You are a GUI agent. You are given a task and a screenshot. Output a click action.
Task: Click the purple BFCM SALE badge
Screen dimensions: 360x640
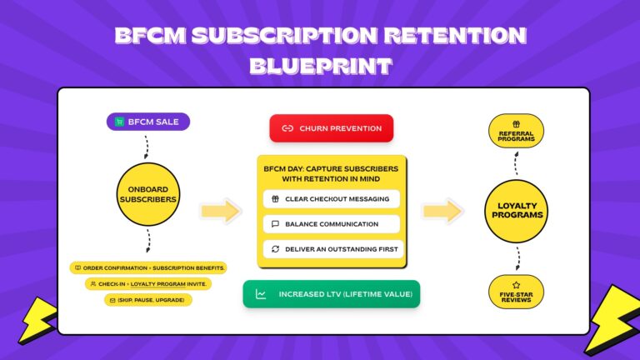148,122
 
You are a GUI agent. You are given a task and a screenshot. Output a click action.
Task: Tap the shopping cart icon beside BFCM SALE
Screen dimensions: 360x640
120,122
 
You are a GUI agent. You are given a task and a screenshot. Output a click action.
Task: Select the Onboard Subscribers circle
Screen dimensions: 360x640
148,193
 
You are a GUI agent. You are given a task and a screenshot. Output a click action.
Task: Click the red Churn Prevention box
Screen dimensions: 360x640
331,128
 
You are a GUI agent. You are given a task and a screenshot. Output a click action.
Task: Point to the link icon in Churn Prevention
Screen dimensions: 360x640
287,128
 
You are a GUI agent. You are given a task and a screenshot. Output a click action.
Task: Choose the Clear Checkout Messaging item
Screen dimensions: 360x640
331,199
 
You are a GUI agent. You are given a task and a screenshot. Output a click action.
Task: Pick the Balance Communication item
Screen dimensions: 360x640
331,224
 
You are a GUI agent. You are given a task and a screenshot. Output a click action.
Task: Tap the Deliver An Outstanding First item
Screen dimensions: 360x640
331,248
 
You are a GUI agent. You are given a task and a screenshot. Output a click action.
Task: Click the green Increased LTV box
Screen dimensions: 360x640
332,294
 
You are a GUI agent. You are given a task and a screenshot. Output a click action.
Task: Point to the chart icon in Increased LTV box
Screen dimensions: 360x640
261,294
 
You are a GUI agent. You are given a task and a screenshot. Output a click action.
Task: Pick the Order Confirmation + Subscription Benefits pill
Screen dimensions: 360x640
148,267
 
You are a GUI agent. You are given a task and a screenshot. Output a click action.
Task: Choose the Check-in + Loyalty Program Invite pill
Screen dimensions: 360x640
148,283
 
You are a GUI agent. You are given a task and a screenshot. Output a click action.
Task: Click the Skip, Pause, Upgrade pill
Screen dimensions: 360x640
148,299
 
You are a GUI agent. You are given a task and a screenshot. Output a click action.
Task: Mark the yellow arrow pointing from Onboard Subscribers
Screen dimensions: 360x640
220,211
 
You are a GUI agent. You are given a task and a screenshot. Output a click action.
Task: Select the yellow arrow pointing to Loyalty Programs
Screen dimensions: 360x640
442,211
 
